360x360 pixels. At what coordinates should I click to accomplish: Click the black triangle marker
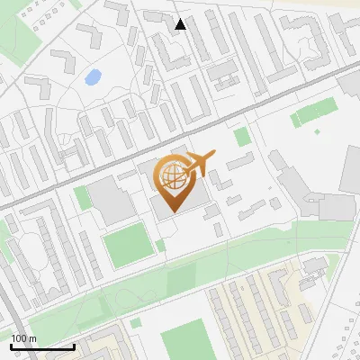[x=181, y=24]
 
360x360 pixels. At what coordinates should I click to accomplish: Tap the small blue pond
[x=93, y=77]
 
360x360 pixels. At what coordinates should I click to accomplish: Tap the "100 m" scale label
[x=24, y=338]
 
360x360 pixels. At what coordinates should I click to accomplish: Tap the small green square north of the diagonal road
[x=241, y=137]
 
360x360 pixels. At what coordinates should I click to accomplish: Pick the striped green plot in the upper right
[x=314, y=114]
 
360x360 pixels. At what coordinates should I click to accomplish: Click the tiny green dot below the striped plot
[x=317, y=131]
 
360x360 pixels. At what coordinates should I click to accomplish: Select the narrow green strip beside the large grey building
[x=84, y=197]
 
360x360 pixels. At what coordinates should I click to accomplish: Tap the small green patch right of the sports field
[x=160, y=245]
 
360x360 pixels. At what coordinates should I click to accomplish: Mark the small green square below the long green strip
[x=136, y=322]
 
